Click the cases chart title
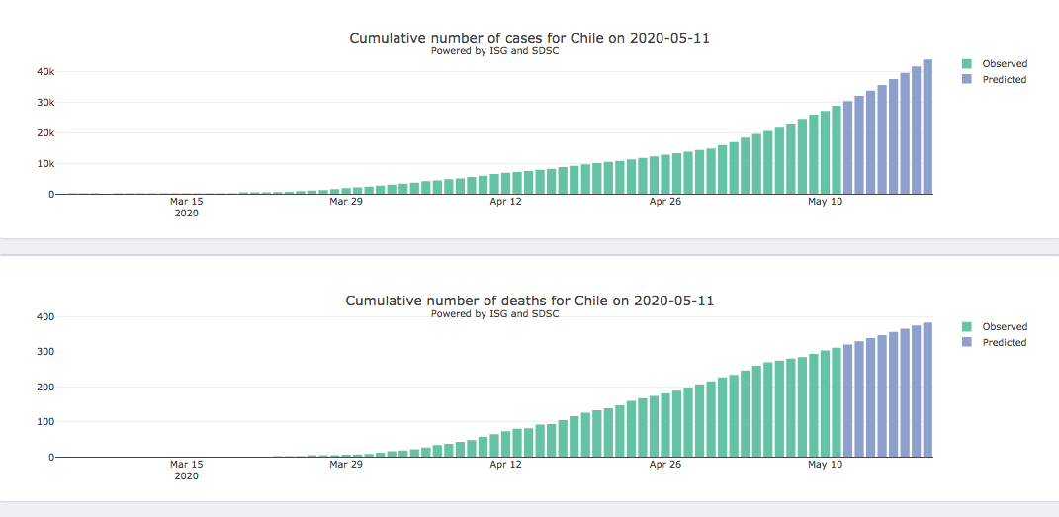coord(529,38)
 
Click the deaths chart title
coord(529,301)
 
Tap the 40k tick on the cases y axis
coord(45,72)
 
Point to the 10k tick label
coord(45,164)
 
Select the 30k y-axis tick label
coord(45,103)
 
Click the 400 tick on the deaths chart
coord(44,317)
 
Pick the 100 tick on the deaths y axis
coord(44,422)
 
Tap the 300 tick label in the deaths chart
coord(44,352)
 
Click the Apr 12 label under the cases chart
coord(505,202)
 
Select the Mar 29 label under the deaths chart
coord(346,464)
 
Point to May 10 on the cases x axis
coord(825,202)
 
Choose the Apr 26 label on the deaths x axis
coord(665,464)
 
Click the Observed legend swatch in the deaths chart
coord(967,327)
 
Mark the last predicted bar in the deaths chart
coord(927,390)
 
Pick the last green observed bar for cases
coord(837,150)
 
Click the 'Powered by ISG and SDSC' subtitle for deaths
coord(494,314)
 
